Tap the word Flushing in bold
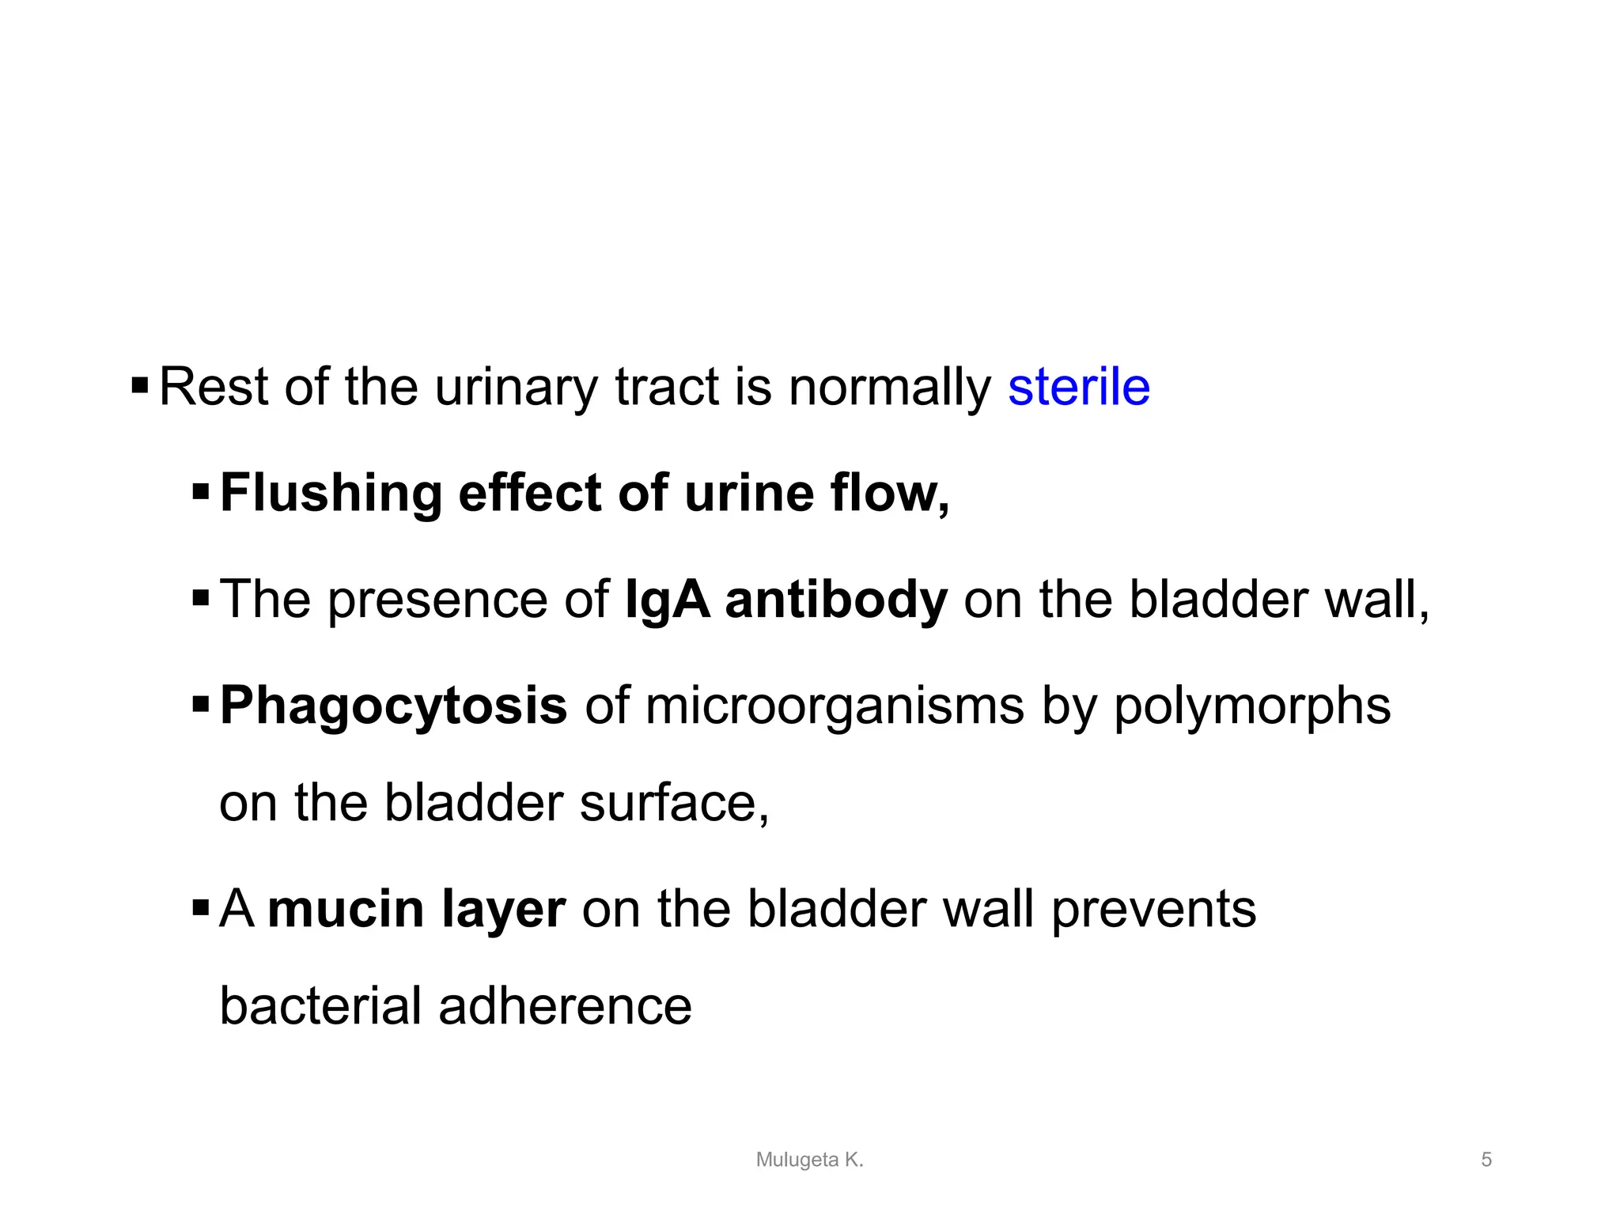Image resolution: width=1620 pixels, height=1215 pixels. [331, 494]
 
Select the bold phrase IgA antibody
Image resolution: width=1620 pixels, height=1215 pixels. [785, 600]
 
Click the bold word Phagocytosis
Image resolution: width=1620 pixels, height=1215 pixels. [393, 706]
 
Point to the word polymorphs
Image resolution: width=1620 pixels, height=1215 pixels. [1252, 706]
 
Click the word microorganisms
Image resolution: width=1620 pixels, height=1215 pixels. [835, 706]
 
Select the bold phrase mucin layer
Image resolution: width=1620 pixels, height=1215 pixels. [416, 909]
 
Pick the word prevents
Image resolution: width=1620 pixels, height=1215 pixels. [1153, 909]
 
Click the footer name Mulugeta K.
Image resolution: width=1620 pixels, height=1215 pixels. [809, 1160]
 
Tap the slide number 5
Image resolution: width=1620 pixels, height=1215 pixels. [1486, 1160]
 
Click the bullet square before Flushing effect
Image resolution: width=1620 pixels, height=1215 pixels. [201, 494]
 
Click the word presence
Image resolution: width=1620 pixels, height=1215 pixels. [437, 600]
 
